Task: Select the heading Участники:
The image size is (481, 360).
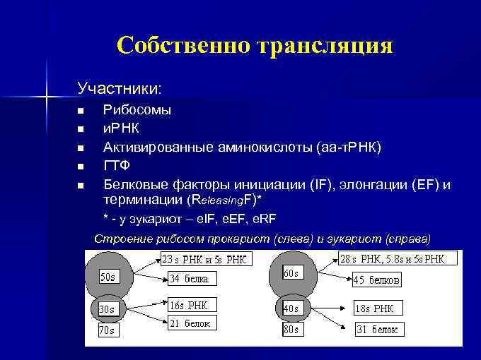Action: point(120,89)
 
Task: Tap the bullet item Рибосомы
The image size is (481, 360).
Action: point(137,110)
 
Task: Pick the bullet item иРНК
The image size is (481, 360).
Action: point(122,128)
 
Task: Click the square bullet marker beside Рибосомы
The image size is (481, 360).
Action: point(81,111)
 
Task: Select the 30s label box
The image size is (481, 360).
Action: point(107,309)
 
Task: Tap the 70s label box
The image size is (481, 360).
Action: point(107,330)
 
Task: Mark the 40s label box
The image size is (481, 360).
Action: point(291,308)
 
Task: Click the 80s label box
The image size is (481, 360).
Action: point(291,330)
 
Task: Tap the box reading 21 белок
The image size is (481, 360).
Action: point(189,323)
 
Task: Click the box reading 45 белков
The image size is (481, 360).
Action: point(377,280)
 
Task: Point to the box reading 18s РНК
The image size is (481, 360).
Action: point(378,308)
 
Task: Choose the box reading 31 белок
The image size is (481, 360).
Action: point(377,330)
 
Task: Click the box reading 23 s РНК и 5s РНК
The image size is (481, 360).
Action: point(204,258)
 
